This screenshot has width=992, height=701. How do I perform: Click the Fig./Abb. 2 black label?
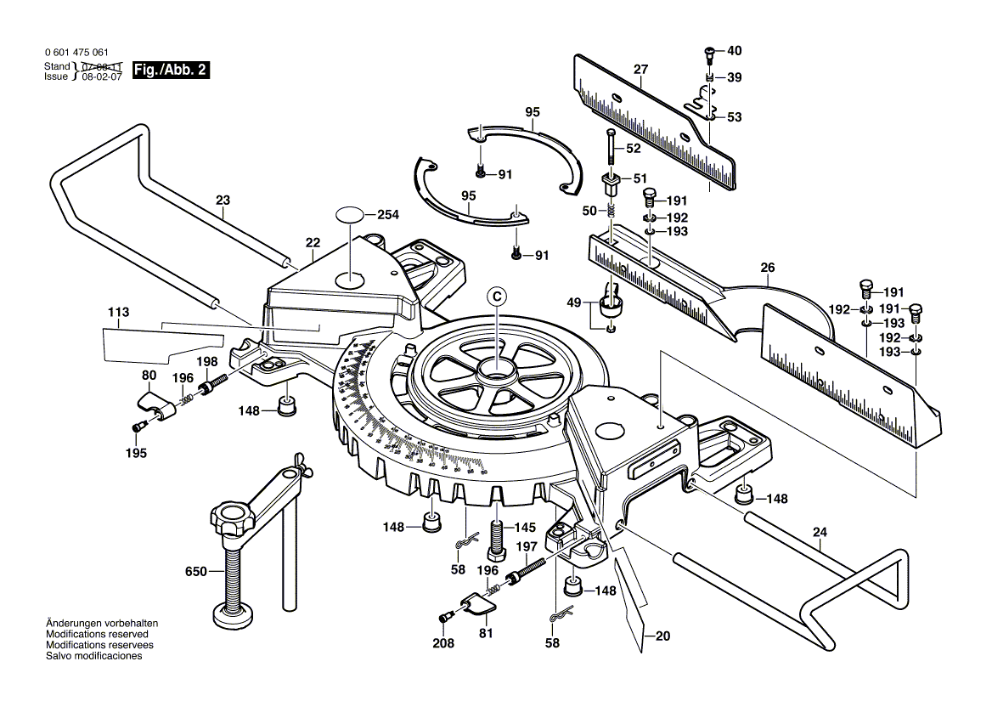click(171, 71)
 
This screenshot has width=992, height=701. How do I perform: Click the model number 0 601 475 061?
click(76, 53)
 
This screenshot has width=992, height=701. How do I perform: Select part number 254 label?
click(387, 215)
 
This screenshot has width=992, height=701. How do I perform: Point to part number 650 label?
click(195, 573)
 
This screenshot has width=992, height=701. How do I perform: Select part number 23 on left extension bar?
click(223, 201)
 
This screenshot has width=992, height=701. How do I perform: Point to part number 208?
click(443, 643)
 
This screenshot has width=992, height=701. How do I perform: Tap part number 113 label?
click(118, 313)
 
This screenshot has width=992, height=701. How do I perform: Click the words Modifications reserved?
click(97, 635)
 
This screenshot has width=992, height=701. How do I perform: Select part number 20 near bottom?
click(662, 635)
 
